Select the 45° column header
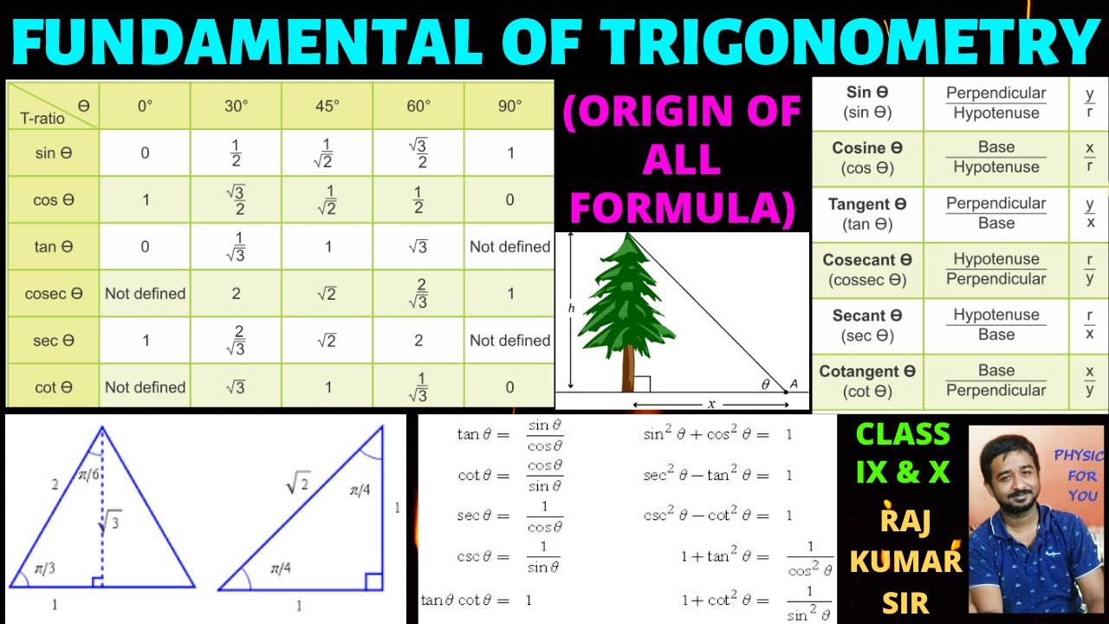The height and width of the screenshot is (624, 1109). (327, 106)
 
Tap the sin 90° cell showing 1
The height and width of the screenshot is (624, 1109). (510, 153)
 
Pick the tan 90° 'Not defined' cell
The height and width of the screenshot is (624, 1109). (509, 247)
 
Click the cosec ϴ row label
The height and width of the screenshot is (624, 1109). (53, 294)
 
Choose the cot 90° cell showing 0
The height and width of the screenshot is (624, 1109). (510, 387)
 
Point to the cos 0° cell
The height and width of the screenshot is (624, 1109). (145, 200)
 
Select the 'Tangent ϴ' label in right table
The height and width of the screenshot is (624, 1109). (867, 205)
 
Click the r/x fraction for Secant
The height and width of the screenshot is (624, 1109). (1089, 324)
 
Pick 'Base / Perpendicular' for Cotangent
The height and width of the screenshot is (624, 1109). (996, 380)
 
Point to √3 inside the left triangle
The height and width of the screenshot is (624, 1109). (109, 523)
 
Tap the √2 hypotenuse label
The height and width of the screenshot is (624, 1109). (297, 485)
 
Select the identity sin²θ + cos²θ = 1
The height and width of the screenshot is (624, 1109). (717, 434)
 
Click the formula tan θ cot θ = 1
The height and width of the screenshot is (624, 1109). (476, 600)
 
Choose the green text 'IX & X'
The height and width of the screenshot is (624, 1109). (903, 472)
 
